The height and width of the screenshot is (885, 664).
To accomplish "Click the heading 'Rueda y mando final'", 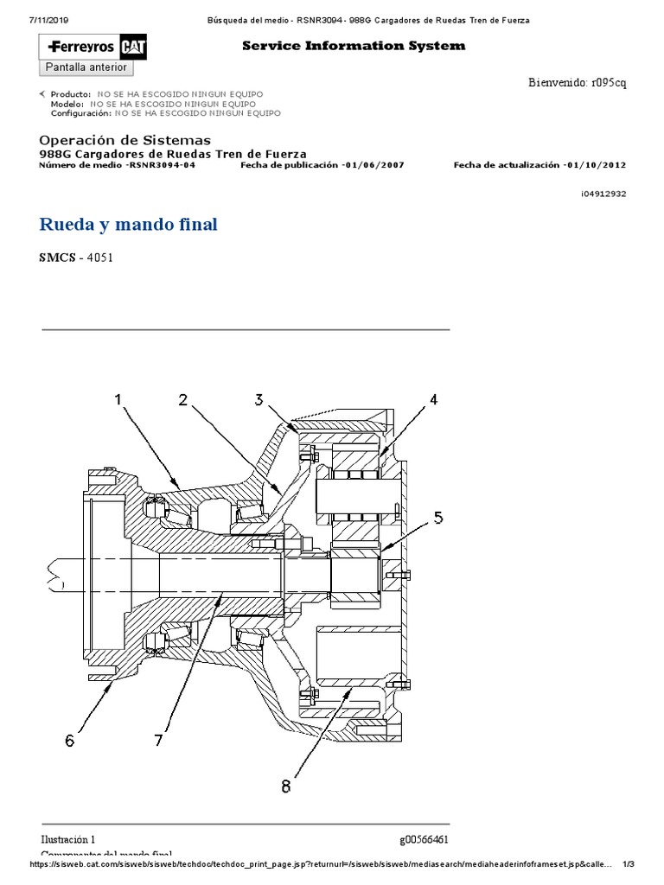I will pos(129,225).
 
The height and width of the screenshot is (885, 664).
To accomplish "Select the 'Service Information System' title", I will pos(353,46).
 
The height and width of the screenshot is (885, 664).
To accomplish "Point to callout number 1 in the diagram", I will pos(118,400).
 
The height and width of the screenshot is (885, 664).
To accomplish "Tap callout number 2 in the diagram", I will pos(183,400).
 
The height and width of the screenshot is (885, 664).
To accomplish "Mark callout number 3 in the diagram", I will pos(259,399).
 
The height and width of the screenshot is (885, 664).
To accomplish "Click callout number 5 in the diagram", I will pos(438,518).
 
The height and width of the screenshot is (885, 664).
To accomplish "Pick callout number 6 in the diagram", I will pos(69,740).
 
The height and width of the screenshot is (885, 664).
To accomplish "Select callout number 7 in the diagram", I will pos(158,740).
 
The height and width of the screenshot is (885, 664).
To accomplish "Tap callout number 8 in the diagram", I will pos(285,786).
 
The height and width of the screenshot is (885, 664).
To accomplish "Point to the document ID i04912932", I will pos(603,194).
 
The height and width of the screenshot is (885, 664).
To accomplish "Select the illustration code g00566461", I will pos(424,839).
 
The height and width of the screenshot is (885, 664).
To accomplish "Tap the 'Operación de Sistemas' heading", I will pos(125,140).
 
